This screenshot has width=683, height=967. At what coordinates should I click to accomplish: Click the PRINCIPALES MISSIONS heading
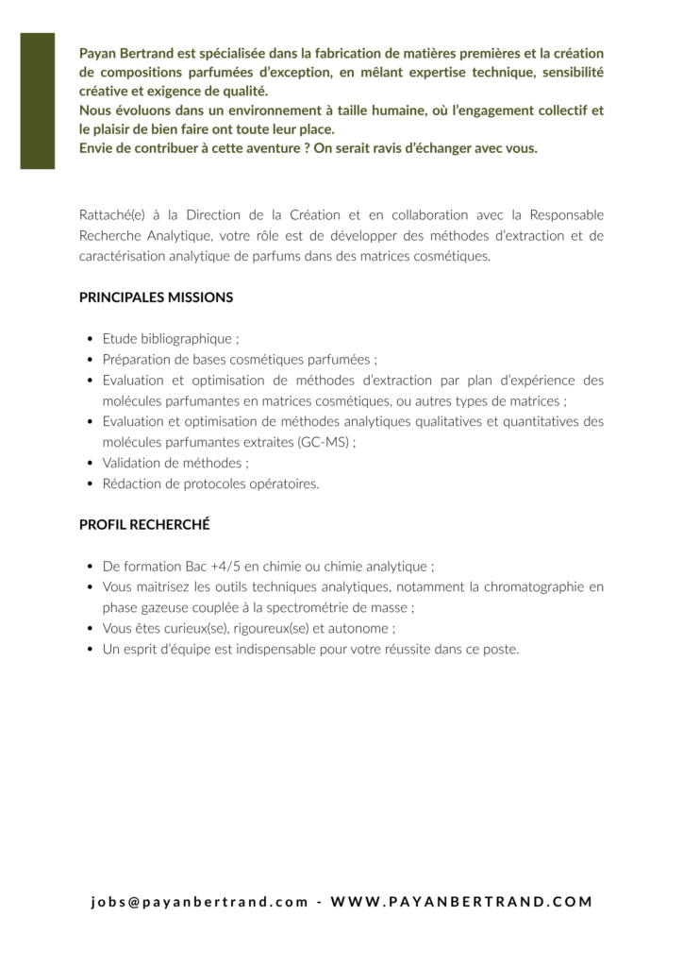(x=156, y=297)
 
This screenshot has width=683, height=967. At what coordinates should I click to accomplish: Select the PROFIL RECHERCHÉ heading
(x=144, y=525)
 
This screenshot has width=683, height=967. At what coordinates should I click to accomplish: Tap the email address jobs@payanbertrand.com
(x=200, y=902)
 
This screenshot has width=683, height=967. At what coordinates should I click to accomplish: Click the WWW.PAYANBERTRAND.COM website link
(x=462, y=902)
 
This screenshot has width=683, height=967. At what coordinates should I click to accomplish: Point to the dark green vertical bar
(x=38, y=100)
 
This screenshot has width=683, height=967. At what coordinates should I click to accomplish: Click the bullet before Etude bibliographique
(x=90, y=338)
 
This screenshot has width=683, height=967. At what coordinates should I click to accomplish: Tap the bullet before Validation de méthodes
(x=90, y=463)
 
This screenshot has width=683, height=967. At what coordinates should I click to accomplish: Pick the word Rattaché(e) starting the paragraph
(x=112, y=215)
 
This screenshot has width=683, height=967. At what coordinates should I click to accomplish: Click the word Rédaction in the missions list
(x=132, y=483)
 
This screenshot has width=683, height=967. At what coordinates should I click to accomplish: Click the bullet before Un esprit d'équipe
(x=90, y=650)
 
